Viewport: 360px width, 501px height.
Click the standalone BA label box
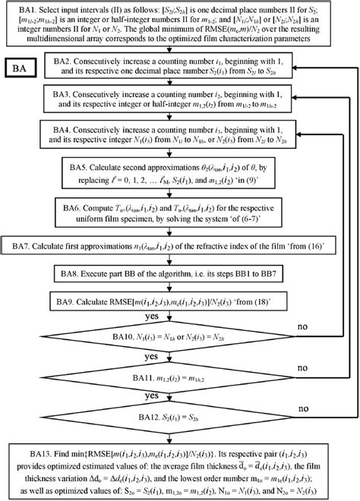(x=25, y=68)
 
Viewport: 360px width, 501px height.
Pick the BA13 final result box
(x=179, y=472)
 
